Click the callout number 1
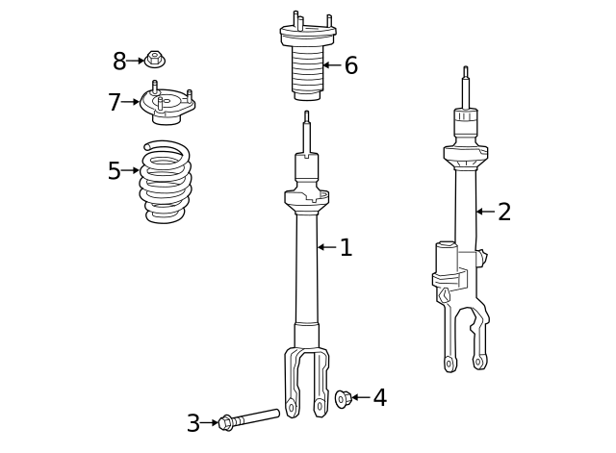346,248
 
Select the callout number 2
504,213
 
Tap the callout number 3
193,423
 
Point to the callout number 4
379,397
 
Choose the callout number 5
115,171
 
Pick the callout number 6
351,65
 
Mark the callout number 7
115,102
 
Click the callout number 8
119,62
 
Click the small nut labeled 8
155,60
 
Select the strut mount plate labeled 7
167,105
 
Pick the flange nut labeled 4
342,397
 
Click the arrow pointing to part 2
485,212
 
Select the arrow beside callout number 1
326,247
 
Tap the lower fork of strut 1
307,380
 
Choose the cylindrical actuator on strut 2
446,260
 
